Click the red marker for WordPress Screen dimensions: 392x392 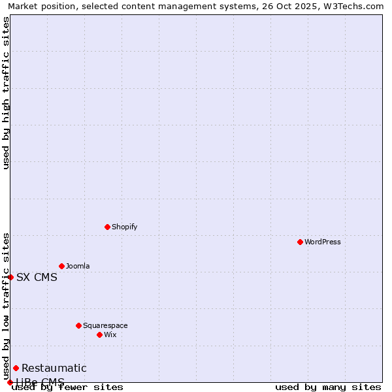[x=300, y=242]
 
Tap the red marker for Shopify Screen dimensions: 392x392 [x=107, y=227]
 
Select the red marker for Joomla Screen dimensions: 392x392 [x=61, y=266]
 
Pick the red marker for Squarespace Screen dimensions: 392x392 [x=78, y=325]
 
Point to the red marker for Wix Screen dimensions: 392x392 [x=99, y=335]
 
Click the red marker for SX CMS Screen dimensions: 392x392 [x=10, y=277]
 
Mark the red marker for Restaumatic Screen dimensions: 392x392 [x=16, y=368]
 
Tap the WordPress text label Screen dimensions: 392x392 [x=323, y=242]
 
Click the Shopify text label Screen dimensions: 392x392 [x=125, y=227]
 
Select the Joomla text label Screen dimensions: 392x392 [x=78, y=266]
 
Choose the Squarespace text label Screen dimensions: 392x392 [x=105, y=325]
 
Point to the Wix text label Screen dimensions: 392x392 [x=110, y=335]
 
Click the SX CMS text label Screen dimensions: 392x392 [x=37, y=277]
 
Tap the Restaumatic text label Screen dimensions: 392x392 [x=54, y=368]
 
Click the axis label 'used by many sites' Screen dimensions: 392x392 [x=328, y=387]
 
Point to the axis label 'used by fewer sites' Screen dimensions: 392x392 [x=68, y=387]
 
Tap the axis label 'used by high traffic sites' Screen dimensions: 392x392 [x=7, y=93]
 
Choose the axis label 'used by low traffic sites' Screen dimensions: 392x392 [x=7, y=306]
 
